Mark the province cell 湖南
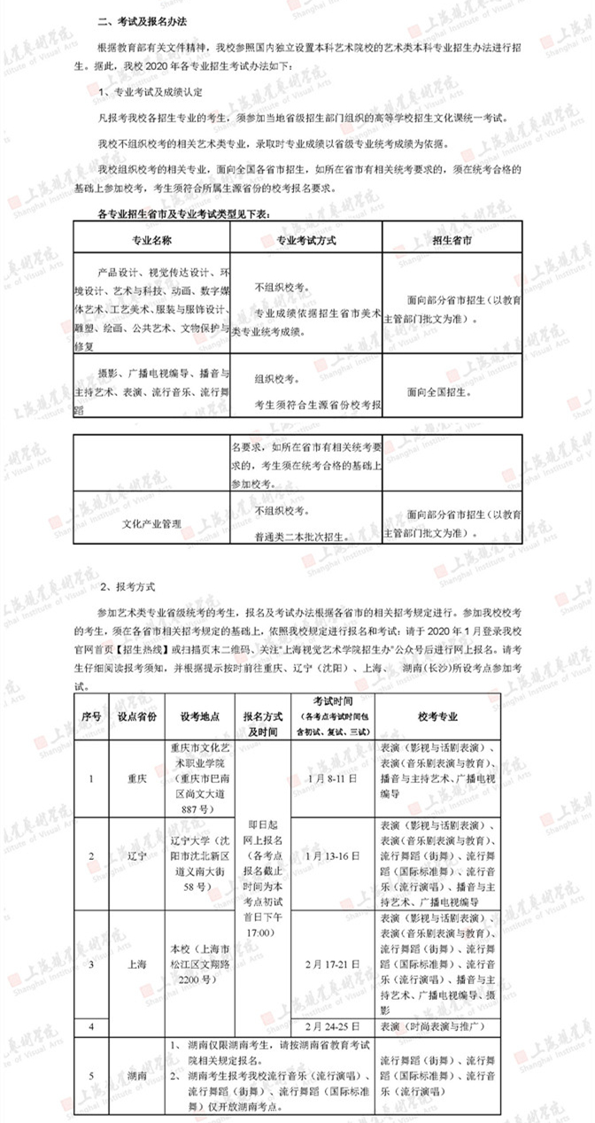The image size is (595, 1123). click(x=137, y=1074)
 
